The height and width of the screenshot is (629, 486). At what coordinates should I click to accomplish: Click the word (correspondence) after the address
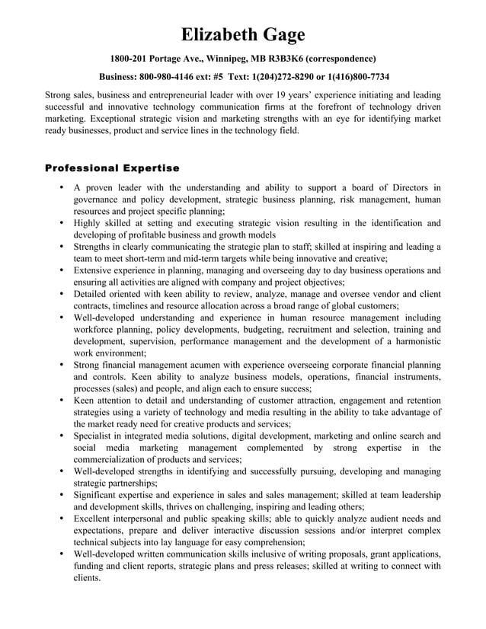(x=337, y=59)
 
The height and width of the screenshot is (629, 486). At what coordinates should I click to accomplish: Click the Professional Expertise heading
(x=112, y=168)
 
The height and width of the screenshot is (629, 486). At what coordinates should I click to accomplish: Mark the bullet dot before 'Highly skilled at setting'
(x=60, y=223)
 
